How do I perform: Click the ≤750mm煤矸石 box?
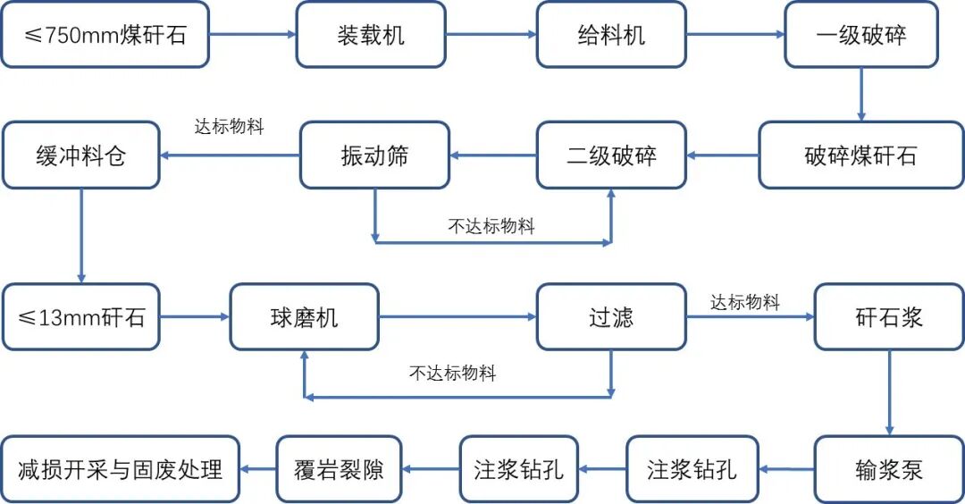[x=105, y=35]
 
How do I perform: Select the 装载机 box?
[x=371, y=35]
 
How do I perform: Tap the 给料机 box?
[x=611, y=35]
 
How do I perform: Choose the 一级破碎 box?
[x=860, y=35]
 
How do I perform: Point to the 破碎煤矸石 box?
[x=860, y=155]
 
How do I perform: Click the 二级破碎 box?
[x=611, y=155]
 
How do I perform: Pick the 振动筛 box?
[x=374, y=155]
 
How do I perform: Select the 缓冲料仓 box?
[x=80, y=155]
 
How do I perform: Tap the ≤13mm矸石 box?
[x=80, y=317]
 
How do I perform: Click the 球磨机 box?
[x=304, y=317]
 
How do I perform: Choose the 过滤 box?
[x=611, y=317]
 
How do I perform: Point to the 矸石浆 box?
[x=889, y=317]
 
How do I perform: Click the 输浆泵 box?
[x=889, y=469]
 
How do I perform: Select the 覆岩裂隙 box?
[x=339, y=469]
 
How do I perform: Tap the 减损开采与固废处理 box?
[x=120, y=469]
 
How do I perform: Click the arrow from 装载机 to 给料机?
[x=491, y=35]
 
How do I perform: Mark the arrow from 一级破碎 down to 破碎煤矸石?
[x=860, y=94]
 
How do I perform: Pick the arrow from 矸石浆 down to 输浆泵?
[x=889, y=392]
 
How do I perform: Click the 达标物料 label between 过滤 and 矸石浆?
[x=745, y=303]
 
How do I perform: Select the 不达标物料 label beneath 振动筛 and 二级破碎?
[x=491, y=227]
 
